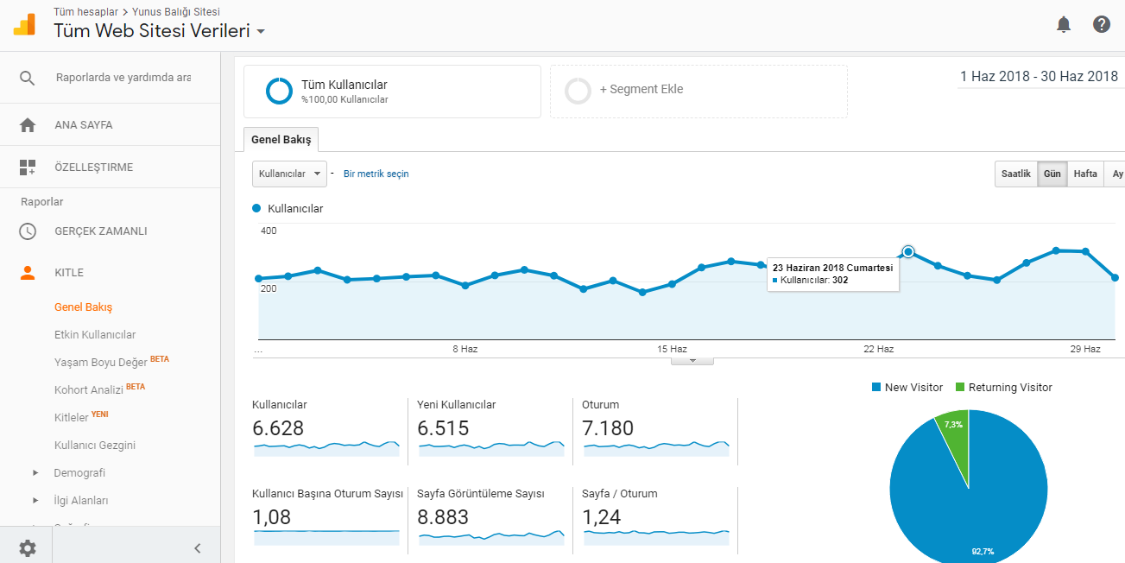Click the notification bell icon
pos(1063,24)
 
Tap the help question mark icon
pos(1102,24)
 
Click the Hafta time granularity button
pos(1084,174)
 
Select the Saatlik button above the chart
pos(1016,174)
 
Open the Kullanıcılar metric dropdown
pos(289,174)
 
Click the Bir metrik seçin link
pos(376,174)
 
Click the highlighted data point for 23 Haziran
pos(908,251)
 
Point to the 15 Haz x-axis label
pos(672,349)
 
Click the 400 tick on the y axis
pos(269,231)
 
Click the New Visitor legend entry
pos(907,387)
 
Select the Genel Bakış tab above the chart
pos(281,140)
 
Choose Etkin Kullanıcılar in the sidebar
pos(95,334)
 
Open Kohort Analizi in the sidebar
pos(89,389)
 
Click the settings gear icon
pos(28,548)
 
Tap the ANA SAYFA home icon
pos(28,125)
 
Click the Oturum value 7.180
pos(608,428)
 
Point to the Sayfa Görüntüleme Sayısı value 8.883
pos(442,517)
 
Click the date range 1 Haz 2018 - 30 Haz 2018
pos(1040,76)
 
